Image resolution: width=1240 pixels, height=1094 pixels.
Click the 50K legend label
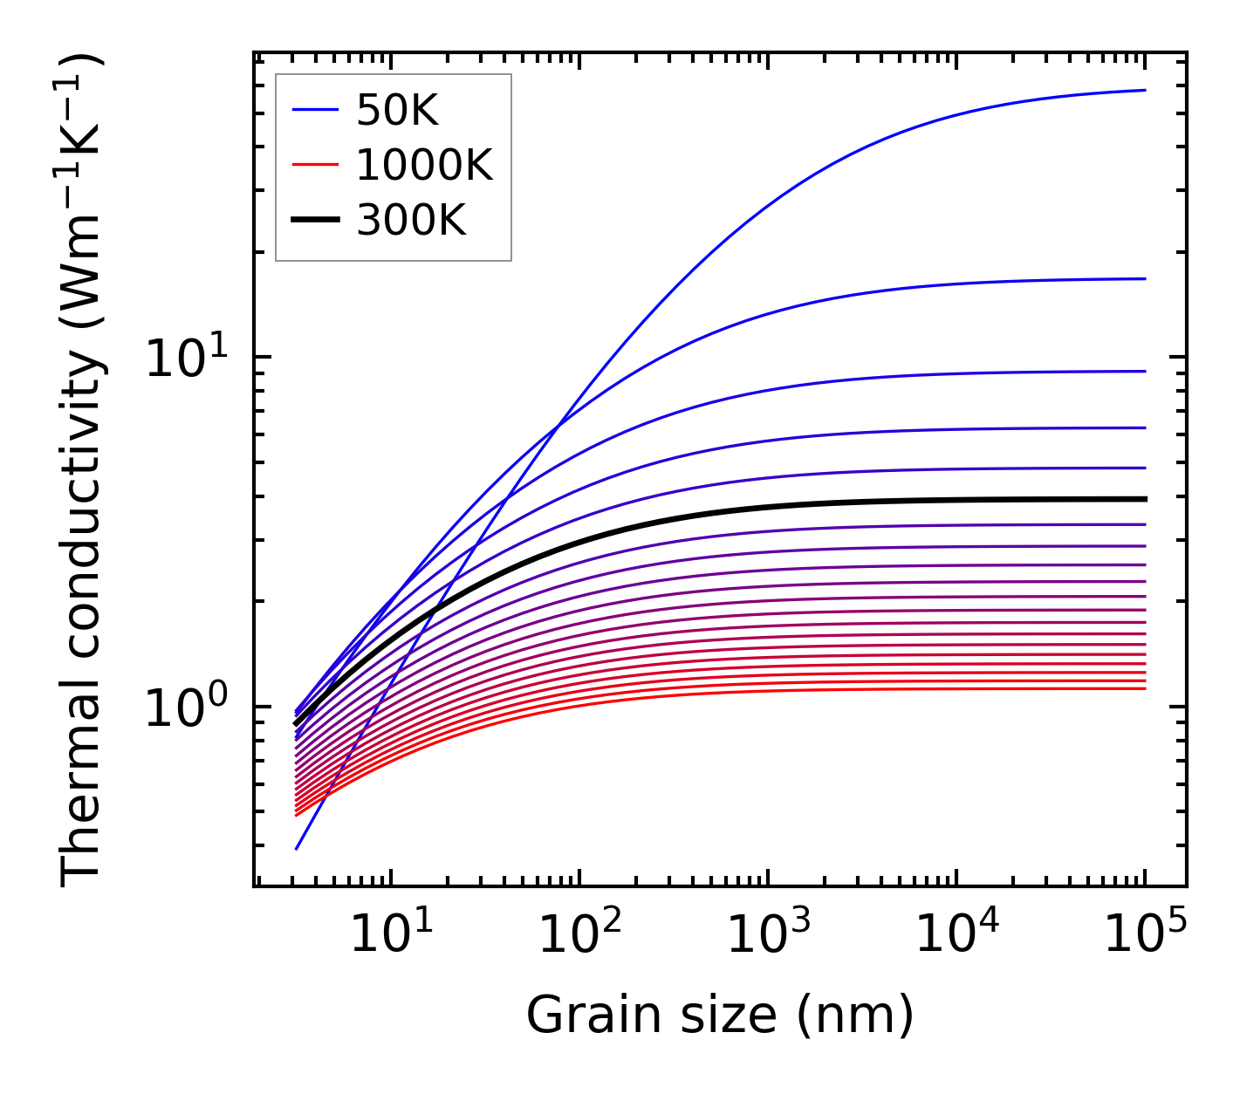point(397,110)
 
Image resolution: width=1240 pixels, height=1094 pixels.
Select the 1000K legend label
point(424,165)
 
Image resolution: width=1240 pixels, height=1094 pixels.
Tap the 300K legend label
point(411,221)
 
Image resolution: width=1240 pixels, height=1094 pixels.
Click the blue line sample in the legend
point(314,110)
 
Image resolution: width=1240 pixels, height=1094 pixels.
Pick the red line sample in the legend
point(314,165)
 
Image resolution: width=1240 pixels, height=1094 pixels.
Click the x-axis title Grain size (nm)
point(720,1016)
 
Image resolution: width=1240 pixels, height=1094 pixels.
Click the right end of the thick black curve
point(1144,499)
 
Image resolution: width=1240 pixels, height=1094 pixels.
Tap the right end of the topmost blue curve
point(1144,90)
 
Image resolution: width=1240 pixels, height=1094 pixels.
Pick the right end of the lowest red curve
point(1144,689)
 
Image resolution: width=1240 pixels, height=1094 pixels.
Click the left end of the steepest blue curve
point(297,848)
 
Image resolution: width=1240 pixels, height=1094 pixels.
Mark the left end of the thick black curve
point(296,723)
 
